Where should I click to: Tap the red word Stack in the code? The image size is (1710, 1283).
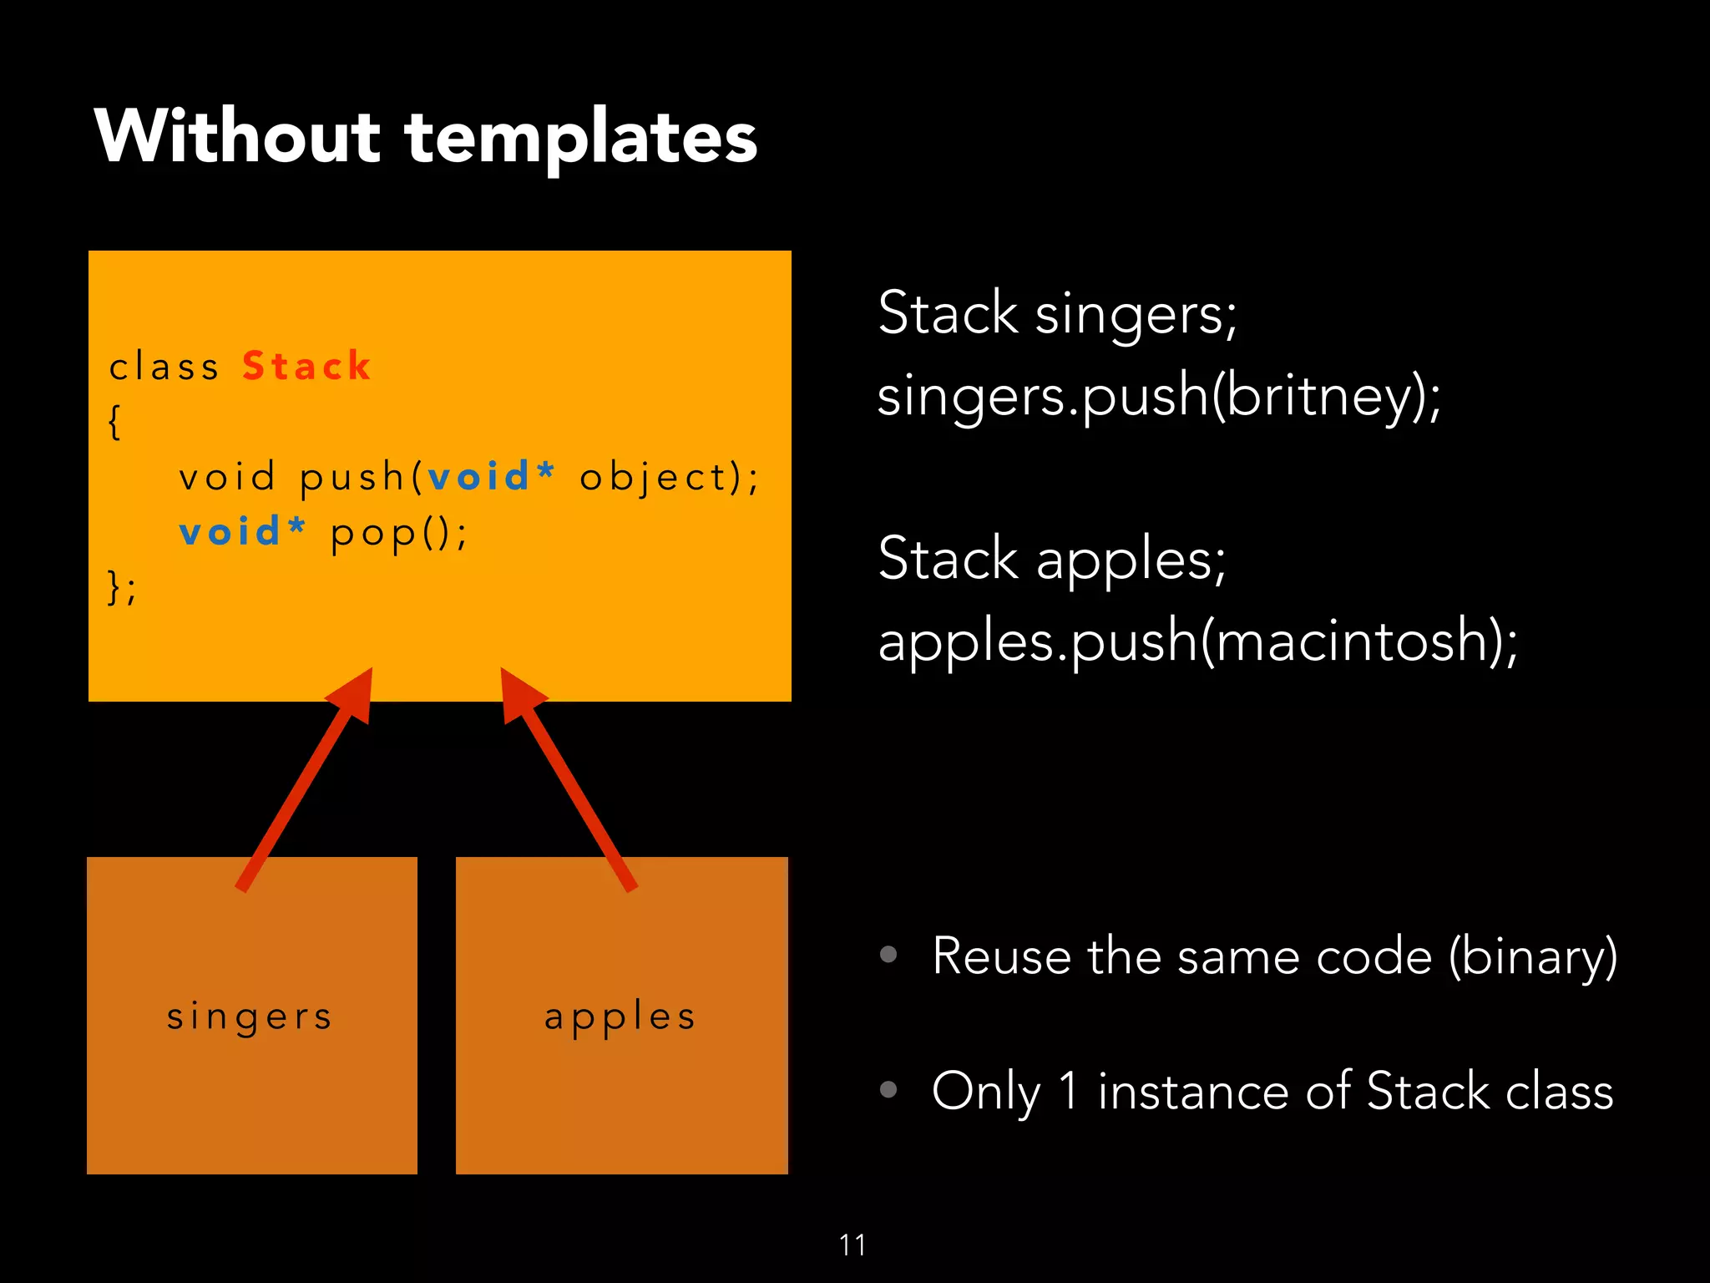coord(306,367)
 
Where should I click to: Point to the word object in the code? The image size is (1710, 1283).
coord(655,478)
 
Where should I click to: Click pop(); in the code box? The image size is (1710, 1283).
coord(399,534)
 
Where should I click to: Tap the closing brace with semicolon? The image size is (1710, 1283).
coord(121,587)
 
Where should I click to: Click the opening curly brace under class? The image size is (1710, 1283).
coord(115,422)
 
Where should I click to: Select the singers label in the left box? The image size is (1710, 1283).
coord(250,1017)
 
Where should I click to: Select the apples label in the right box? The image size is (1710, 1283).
coord(620,1017)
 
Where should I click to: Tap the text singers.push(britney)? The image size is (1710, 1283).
coord(1159,396)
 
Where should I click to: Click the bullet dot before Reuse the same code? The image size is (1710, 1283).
coord(888,954)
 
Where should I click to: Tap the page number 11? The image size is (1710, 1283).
coord(852,1245)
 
